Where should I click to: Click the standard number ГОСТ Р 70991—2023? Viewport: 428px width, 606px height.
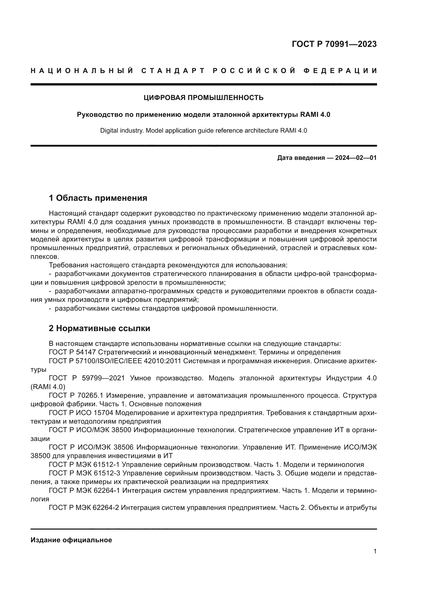(x=334, y=44)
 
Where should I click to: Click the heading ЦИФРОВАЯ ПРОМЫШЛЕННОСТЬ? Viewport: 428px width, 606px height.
(x=203, y=98)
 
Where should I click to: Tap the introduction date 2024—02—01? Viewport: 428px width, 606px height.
(x=356, y=158)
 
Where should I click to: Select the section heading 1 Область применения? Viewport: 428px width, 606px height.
(x=98, y=198)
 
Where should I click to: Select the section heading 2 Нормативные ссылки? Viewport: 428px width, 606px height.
(x=100, y=328)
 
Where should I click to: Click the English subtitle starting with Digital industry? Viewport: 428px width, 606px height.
(x=203, y=131)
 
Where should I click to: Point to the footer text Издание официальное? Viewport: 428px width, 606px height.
(x=71, y=540)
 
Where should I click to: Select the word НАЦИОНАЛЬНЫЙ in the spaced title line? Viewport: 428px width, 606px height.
(x=82, y=71)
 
